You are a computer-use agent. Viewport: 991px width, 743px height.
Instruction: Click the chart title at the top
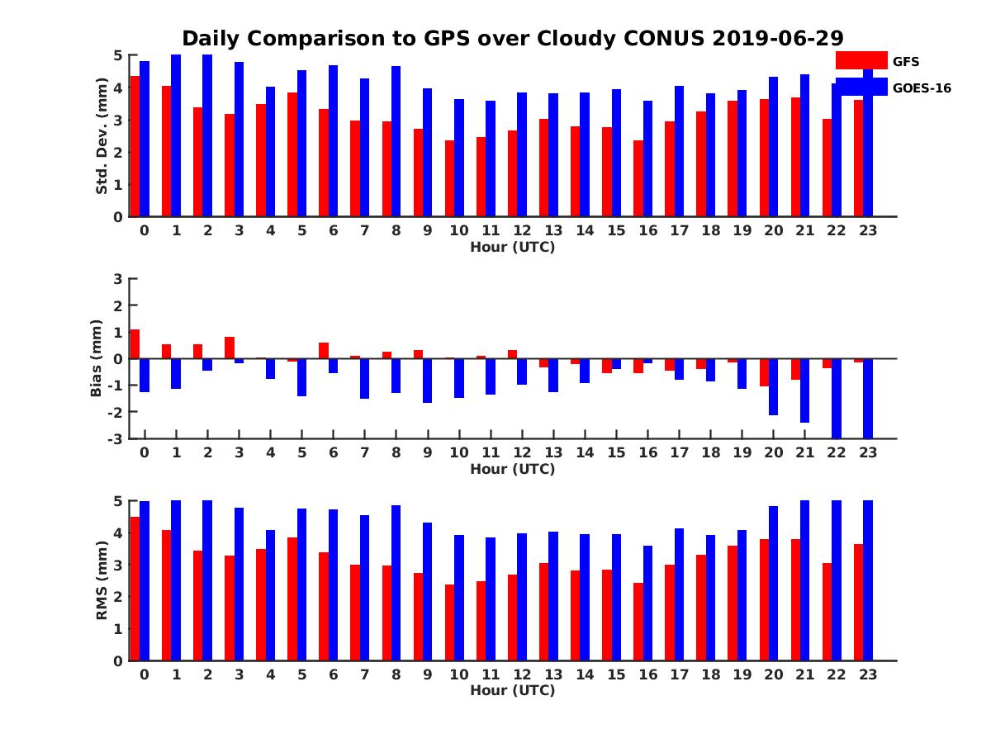(512, 39)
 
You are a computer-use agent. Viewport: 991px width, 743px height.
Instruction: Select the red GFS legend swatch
(861, 60)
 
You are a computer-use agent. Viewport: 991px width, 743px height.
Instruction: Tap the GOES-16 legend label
(922, 88)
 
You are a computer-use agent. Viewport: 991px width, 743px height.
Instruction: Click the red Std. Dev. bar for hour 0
(135, 146)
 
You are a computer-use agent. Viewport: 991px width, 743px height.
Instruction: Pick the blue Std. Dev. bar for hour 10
(459, 158)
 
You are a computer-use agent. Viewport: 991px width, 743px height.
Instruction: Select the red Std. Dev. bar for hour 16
(638, 178)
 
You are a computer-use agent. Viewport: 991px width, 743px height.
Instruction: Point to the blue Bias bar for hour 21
(805, 390)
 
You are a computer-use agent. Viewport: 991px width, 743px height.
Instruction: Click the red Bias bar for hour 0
(135, 344)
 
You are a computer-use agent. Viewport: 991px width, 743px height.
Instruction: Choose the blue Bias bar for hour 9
(428, 381)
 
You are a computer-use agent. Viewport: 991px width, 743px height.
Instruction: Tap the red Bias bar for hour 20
(764, 372)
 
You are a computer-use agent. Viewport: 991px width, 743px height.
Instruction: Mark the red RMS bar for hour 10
(449, 622)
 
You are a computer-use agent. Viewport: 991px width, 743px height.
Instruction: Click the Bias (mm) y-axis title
(97, 358)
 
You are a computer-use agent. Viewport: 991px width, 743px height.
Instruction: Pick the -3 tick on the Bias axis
(116, 438)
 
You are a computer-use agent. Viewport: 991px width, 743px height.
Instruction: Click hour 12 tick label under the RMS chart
(522, 674)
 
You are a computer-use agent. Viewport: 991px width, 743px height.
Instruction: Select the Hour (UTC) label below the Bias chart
(512, 469)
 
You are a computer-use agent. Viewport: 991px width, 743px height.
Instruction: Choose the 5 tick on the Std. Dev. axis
(118, 55)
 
